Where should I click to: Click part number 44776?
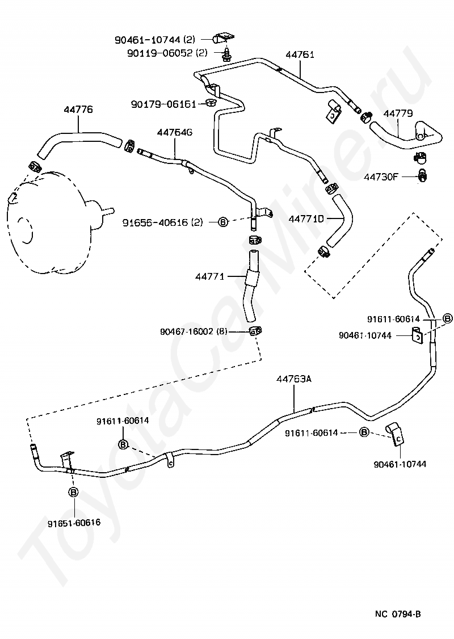pos(78,110)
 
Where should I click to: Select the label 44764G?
pos(175,132)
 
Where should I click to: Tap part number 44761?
pos(300,54)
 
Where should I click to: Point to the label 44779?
pos(398,113)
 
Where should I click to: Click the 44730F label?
pos(381,177)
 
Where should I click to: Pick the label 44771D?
pos(306,219)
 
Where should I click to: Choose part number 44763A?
pos(293,379)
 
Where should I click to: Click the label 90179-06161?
pos(163,104)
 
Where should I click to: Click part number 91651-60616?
pos(74,523)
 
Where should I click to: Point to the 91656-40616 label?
pos(155,222)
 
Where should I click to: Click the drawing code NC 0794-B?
pos(398,614)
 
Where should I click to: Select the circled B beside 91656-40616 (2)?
pos(224,222)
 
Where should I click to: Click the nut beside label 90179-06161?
pos(211,103)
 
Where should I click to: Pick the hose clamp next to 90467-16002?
pos(255,331)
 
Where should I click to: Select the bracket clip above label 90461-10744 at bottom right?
pos(395,435)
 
